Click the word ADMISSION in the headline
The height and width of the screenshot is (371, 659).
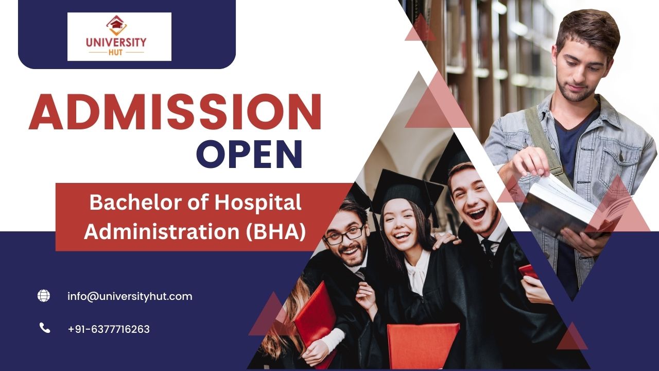[175, 112]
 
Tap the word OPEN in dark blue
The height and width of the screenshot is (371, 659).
[250, 154]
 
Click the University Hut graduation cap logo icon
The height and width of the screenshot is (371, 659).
[116, 25]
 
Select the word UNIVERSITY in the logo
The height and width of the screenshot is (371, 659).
[116, 42]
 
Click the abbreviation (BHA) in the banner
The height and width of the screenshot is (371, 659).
[275, 232]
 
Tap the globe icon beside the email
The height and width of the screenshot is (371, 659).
[44, 296]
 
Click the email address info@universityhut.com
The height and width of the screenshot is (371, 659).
[130, 296]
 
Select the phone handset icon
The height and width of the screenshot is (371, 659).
[45, 328]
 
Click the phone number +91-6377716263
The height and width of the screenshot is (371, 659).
[109, 329]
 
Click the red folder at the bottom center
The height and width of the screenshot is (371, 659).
[423, 345]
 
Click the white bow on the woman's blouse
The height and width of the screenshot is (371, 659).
[417, 273]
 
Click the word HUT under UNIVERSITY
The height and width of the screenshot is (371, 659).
[116, 53]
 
